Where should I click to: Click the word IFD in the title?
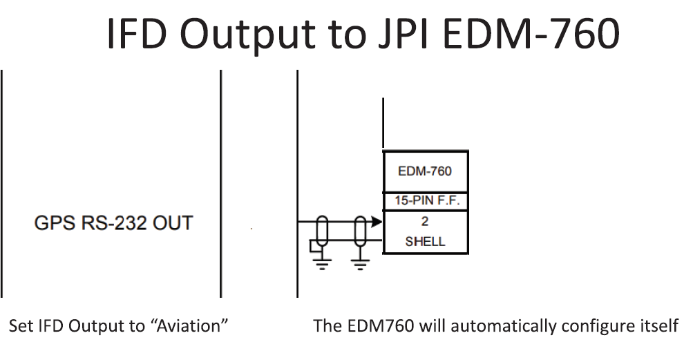click(141, 33)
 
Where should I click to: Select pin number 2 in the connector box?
click(424, 222)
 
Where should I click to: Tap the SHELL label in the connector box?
click(425, 242)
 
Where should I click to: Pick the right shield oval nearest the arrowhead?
click(361, 231)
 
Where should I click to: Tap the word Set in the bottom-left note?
click(19, 326)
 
